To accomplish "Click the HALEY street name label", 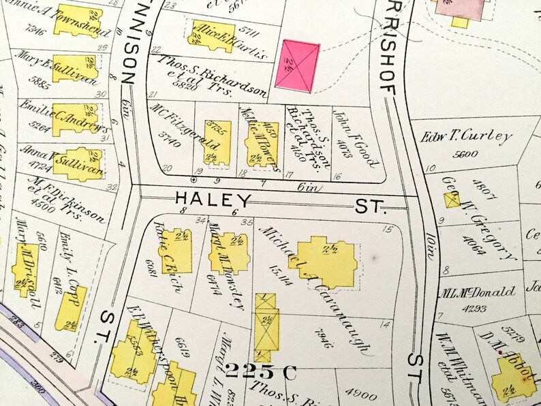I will coord(213,200).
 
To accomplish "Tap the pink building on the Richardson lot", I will coord(297,66).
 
